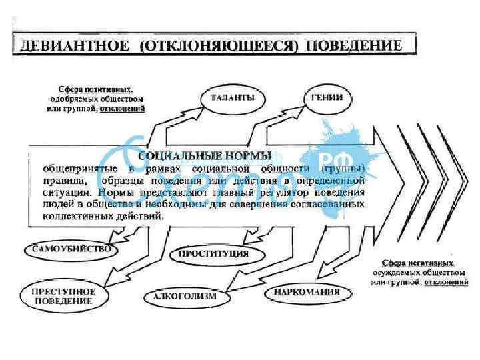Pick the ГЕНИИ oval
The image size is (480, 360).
point(327,97)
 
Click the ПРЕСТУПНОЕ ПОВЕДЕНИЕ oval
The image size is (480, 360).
point(64,296)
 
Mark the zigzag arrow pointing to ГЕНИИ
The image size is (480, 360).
point(273,123)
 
